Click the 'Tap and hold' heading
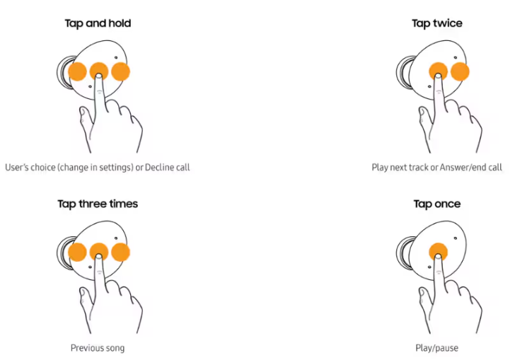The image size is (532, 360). pos(98,23)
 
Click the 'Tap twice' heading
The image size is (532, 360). pos(437,23)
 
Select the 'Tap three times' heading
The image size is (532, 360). pos(98,204)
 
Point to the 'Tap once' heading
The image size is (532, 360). pos(437,204)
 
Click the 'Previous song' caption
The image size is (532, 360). pos(98,348)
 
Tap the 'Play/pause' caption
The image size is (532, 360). pos(437,348)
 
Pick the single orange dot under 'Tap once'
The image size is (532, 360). pos(439,252)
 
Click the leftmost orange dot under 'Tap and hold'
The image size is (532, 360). pos(77,71)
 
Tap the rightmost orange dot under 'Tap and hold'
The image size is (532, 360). pos(120,71)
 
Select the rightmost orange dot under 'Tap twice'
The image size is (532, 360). pos(460,71)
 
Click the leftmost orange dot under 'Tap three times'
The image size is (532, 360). pos(77,252)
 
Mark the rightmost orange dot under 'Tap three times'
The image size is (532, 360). pos(120,252)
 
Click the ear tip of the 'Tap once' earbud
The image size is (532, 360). pos(404,253)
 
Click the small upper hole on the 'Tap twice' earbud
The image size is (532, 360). pos(456,58)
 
